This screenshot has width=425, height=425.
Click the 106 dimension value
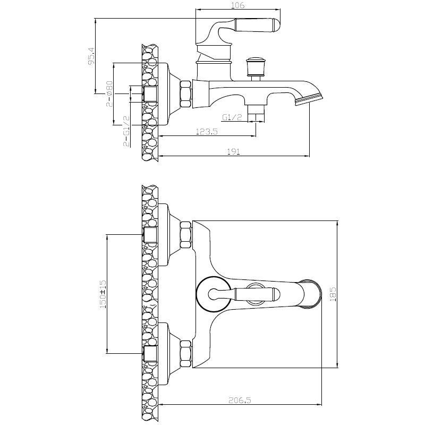coord(238,5)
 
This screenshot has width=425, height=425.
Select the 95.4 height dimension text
coord(91,56)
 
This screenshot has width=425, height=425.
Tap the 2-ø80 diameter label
coord(109,93)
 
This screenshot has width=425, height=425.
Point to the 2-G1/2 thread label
coord(126,131)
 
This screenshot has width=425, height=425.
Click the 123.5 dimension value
coord(207,131)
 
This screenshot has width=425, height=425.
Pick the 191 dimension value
coord(234,152)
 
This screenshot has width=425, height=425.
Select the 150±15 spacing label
coord(103,294)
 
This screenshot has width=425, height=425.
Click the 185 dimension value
coord(333,294)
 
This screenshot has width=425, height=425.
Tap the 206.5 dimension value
coord(240,400)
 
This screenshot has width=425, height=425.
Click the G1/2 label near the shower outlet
coord(232,117)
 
